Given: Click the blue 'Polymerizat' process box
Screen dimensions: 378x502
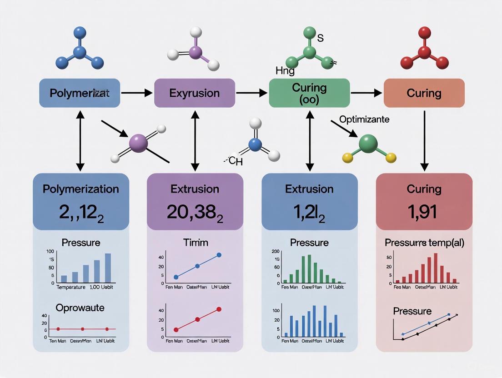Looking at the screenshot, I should tap(79, 93).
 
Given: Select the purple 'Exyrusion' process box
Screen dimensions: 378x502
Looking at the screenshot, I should tap(194, 93).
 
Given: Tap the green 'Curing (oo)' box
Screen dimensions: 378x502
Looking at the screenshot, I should tap(309, 93).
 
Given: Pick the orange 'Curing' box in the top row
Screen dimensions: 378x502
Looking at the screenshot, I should tap(424, 93).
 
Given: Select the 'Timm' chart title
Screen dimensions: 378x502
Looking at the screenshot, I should tap(195, 243).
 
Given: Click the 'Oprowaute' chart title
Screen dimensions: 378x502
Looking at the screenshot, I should tap(80, 308).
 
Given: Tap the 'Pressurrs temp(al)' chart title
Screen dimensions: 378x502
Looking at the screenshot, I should tap(424, 243).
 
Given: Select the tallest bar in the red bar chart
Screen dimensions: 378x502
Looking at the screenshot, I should tap(436, 268).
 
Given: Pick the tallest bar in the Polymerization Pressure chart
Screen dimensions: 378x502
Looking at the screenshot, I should tap(108, 268).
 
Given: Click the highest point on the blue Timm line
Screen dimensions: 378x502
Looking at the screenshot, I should tap(219, 255).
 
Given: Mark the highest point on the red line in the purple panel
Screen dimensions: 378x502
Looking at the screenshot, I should tap(219, 309).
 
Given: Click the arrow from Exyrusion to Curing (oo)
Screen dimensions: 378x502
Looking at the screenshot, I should tap(251, 93).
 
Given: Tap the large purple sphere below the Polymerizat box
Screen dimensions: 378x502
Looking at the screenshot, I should tap(139, 143).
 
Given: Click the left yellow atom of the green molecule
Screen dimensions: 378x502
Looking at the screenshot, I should tap(347, 157).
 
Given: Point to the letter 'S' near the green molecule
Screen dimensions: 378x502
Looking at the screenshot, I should tap(320, 39).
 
